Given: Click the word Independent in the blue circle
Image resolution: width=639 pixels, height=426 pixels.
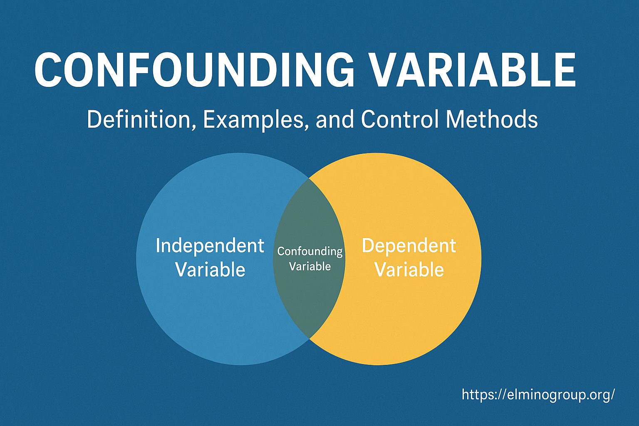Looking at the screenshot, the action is click(210, 246).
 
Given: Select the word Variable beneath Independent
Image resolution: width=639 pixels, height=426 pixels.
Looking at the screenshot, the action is click(210, 269).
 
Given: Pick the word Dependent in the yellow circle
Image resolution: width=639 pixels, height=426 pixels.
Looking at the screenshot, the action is click(409, 246).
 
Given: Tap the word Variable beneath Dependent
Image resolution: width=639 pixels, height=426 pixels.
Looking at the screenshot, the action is click(409, 269).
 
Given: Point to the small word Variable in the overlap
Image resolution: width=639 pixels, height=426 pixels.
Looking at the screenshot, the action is click(310, 267).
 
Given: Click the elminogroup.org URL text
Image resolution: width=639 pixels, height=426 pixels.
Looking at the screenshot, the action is click(538, 395).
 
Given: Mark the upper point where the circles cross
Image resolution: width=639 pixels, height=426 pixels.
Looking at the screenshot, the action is click(309, 178).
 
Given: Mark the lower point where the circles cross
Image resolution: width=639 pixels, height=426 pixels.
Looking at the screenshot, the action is click(309, 339).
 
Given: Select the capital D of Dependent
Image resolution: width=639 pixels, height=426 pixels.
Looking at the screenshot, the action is click(369, 245).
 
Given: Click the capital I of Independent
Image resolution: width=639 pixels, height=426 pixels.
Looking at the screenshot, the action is click(158, 245).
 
